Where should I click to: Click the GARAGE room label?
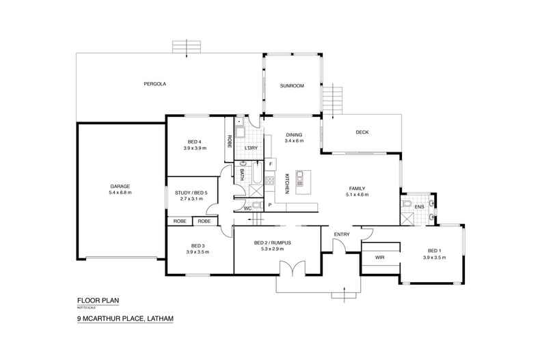coord(121,186)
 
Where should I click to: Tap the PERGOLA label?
coord(155,84)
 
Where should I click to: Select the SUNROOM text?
coord(291,86)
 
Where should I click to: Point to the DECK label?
coord(362,133)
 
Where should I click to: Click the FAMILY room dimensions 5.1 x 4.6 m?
coord(357,195)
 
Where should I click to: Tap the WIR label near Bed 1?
coord(380,258)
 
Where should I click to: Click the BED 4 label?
coord(194,141)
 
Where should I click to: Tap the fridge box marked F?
coord(270,165)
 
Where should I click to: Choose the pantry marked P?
coord(270,205)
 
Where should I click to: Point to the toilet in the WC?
coord(253,206)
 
